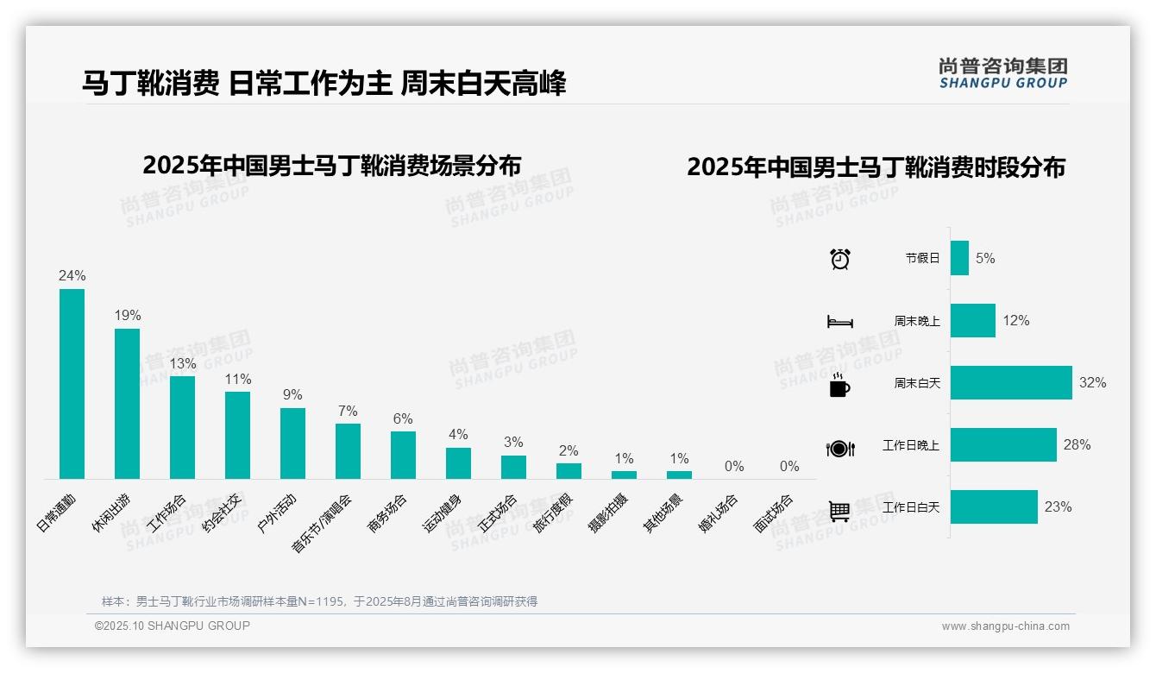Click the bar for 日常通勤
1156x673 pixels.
(72, 384)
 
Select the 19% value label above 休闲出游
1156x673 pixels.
(128, 316)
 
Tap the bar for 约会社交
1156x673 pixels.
(237, 435)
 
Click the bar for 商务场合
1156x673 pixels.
(403, 455)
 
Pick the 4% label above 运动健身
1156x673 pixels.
(458, 435)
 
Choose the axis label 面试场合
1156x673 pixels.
(774, 513)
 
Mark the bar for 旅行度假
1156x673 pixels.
(569, 471)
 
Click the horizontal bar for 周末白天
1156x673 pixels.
(1011, 382)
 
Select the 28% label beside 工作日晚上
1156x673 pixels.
(1077, 445)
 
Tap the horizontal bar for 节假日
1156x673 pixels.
(959, 258)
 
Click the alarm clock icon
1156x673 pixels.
(840, 259)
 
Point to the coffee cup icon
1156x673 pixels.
(839, 386)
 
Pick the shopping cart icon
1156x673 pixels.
(839, 512)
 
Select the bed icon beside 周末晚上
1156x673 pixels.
(839, 322)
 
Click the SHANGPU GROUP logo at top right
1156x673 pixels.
(1003, 73)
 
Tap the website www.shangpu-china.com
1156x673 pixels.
(1005, 626)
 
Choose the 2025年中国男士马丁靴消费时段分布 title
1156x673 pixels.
(876, 167)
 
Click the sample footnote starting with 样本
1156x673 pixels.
(319, 601)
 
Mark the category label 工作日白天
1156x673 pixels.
(910, 507)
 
